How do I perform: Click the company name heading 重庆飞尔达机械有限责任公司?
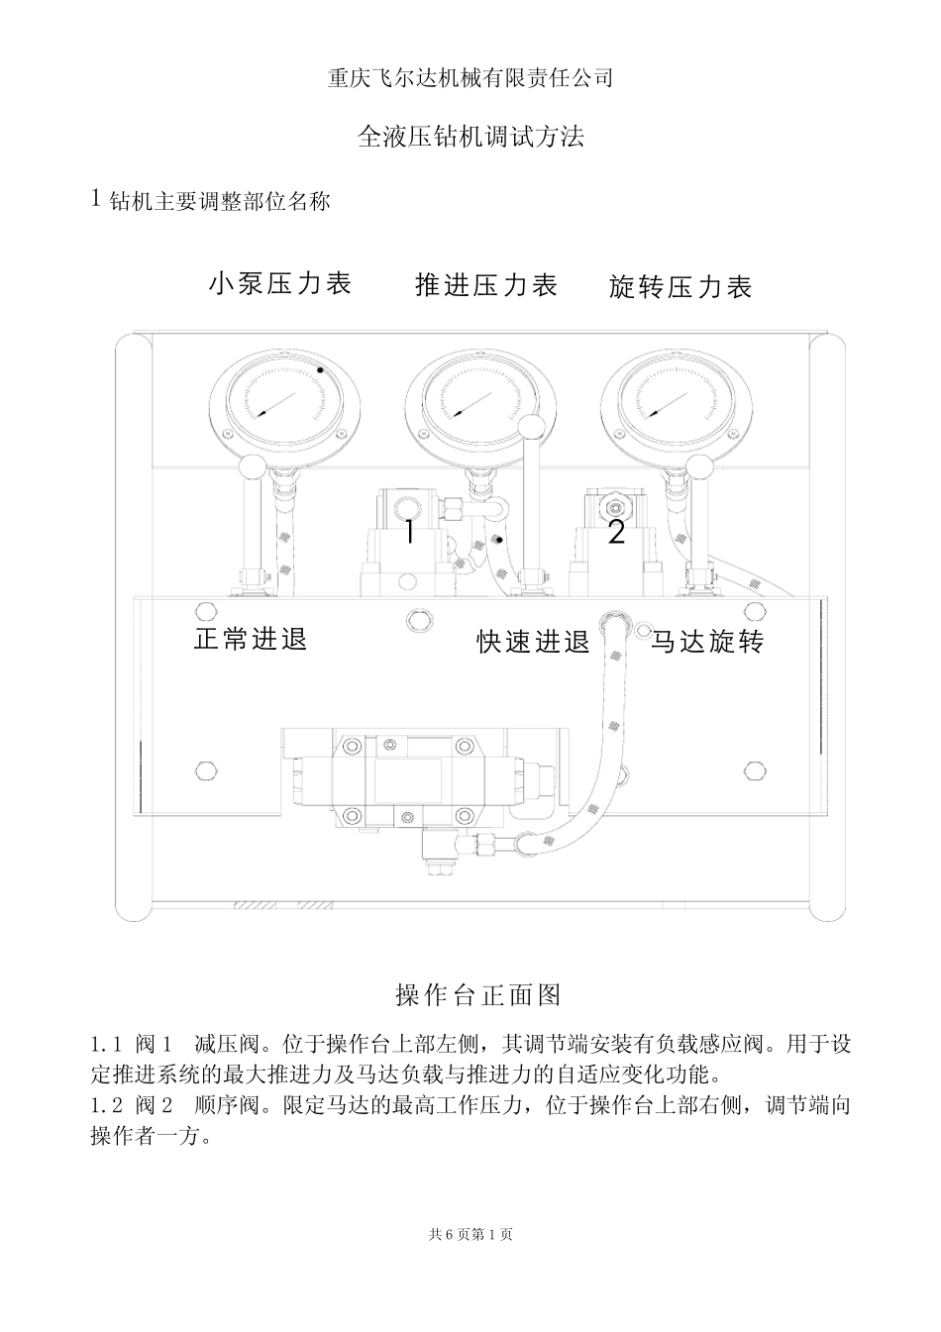pos(470,78)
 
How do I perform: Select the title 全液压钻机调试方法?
pos(470,137)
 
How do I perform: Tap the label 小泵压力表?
pos(280,284)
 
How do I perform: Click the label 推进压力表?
pos(486,286)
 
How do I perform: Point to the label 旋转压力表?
pos(680,288)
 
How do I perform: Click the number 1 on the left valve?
pos(409,532)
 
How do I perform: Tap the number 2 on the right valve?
pos(616,533)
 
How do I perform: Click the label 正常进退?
pos(251,640)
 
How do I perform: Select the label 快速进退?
pos(533,643)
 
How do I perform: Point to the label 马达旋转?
pos(707,643)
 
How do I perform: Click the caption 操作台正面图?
pos(478,993)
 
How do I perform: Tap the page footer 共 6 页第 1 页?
pos(470,1234)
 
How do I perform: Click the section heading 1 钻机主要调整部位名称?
pos(210,201)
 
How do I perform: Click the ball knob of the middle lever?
pos(534,428)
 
